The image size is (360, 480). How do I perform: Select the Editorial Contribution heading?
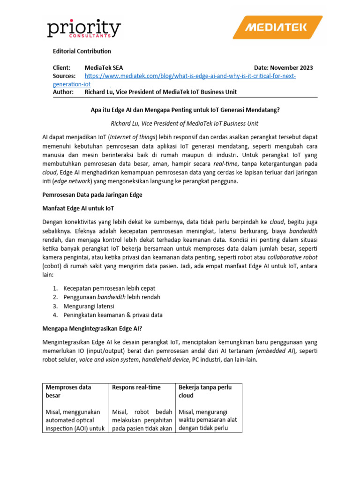[82, 51]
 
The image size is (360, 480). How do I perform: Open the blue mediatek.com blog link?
[190, 76]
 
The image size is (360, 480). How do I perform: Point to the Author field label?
[64, 92]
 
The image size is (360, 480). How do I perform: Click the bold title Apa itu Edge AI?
[185, 111]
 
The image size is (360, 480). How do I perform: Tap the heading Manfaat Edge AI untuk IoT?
[78, 208]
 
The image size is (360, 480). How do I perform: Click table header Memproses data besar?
[68, 391]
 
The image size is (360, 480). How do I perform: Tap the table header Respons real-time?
[136, 387]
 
